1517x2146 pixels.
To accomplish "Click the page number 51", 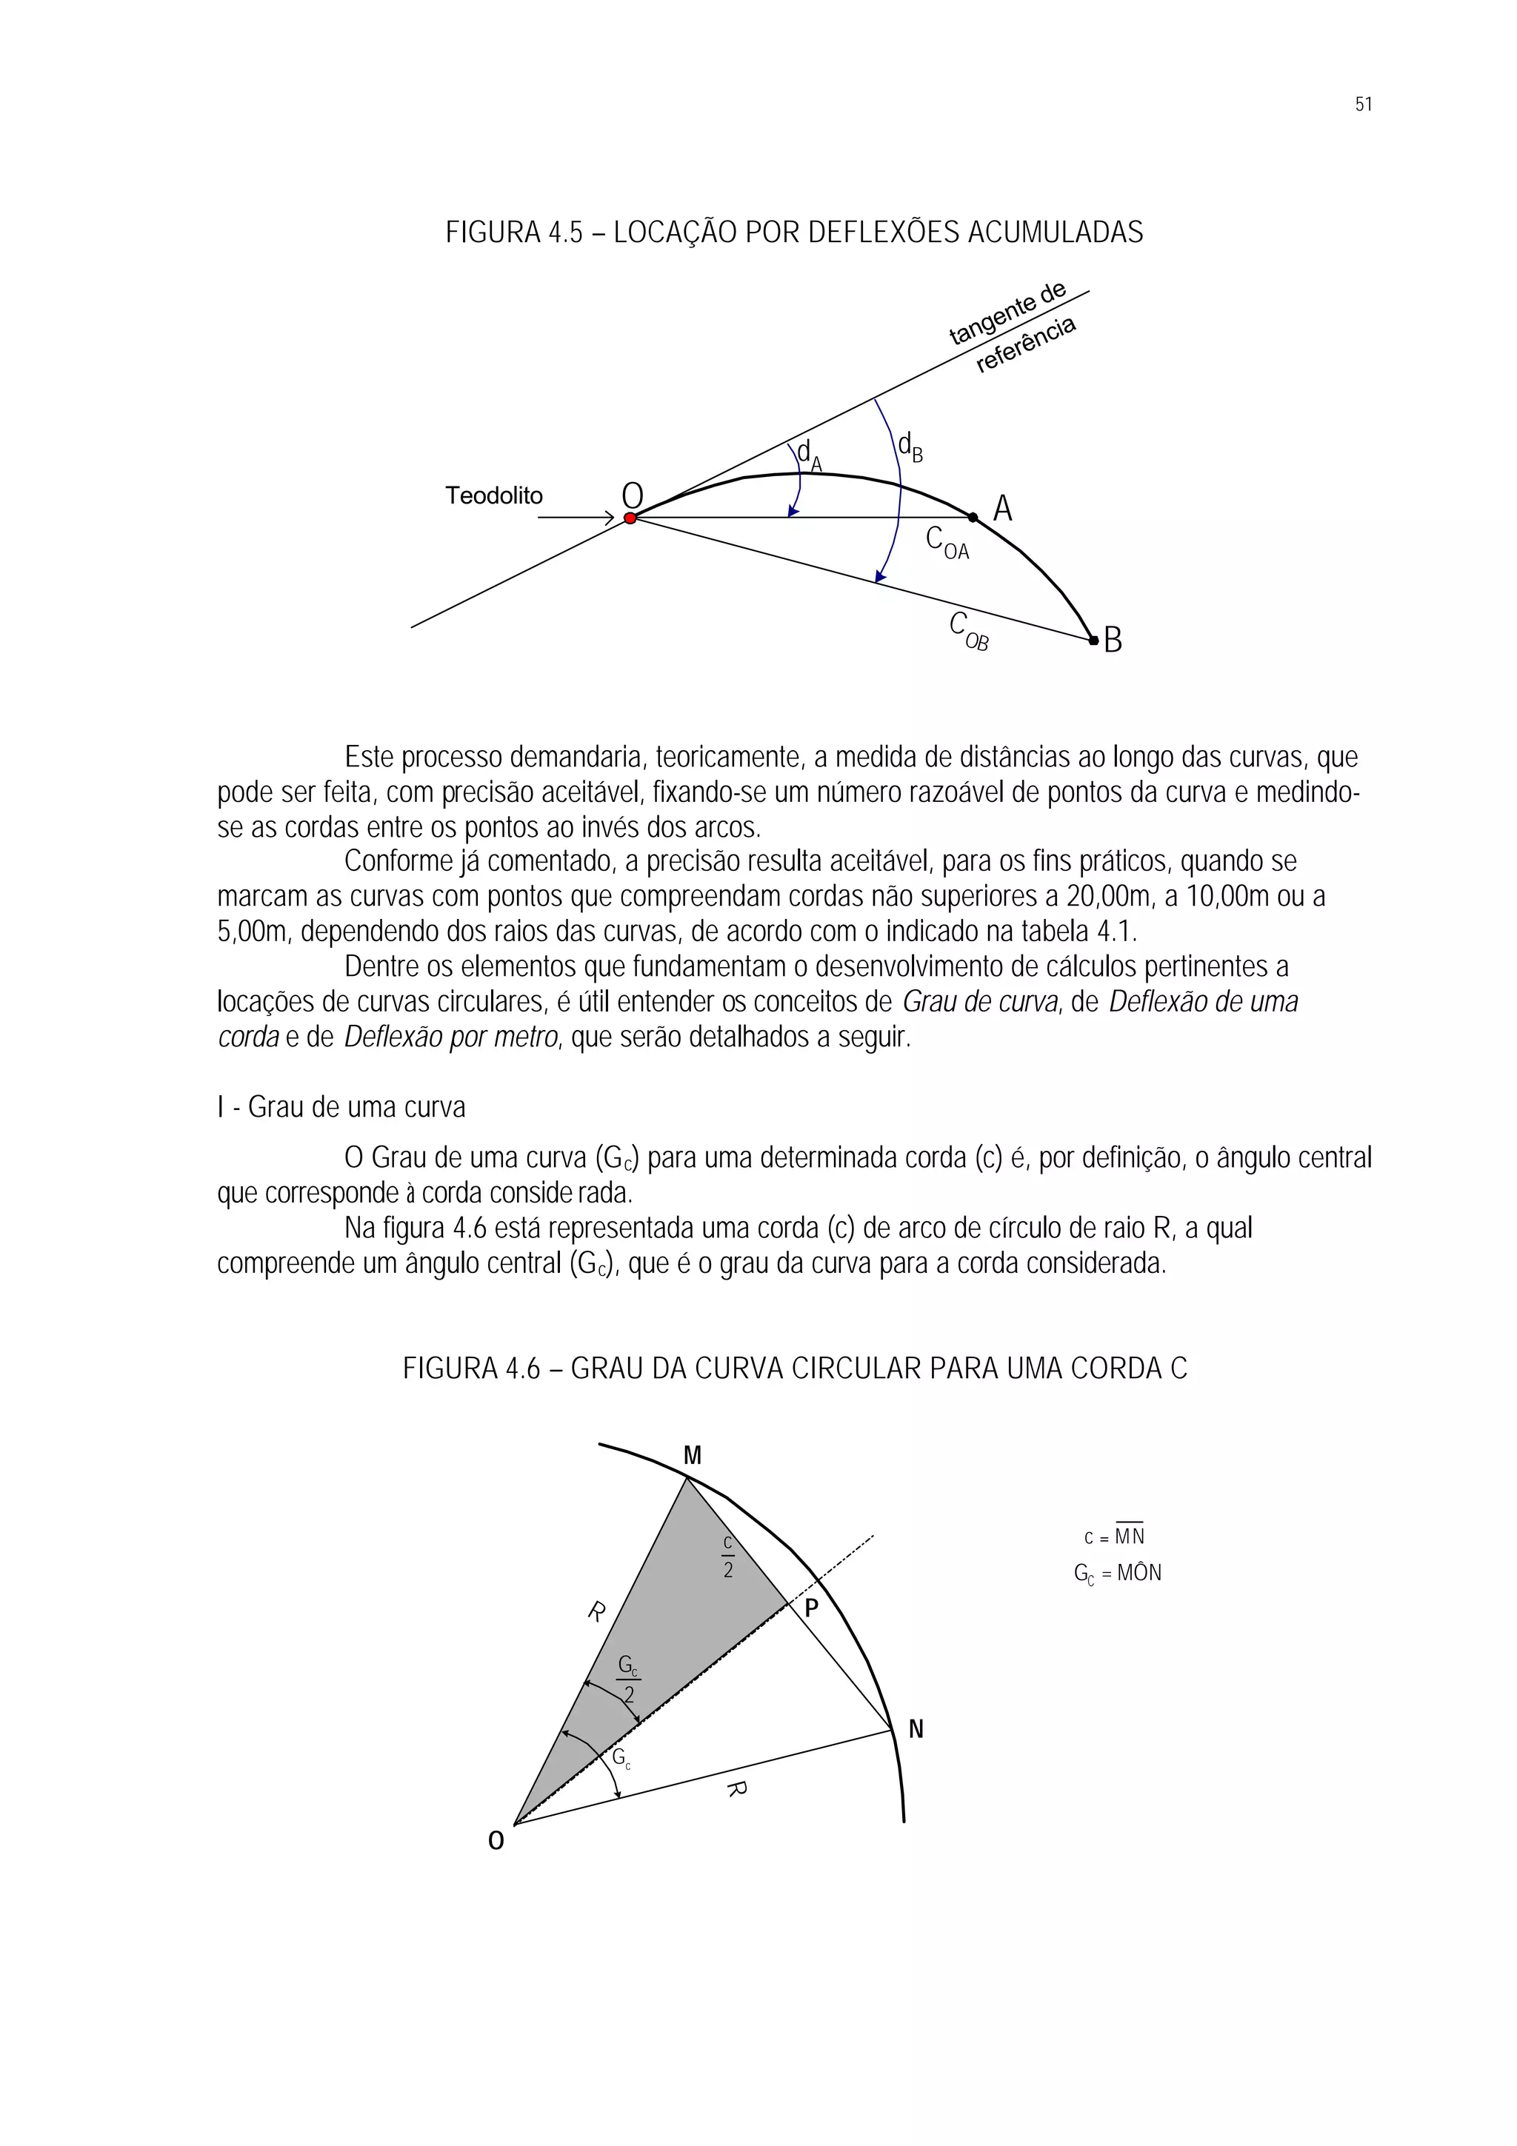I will point(1363,104).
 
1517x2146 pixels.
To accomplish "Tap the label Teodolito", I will point(493,495).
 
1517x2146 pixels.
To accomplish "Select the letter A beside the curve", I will point(1002,509).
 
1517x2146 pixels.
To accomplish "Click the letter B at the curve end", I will point(1113,641).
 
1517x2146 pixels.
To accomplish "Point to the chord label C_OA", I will point(947,543).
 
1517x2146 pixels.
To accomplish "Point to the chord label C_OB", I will point(968,631).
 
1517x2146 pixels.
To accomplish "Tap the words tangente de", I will point(1007,312).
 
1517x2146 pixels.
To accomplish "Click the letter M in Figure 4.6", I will point(693,1455).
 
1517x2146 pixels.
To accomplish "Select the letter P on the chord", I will point(811,1608).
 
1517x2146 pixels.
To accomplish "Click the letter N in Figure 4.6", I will point(916,1729).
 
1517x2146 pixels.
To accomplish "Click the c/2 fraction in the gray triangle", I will point(728,1557).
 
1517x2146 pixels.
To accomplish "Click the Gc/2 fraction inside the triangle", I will point(629,1679).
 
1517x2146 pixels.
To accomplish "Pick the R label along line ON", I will point(736,1788).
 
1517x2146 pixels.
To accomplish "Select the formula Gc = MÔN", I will point(1117,1573).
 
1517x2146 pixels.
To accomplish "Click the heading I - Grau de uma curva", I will point(341,1108).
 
